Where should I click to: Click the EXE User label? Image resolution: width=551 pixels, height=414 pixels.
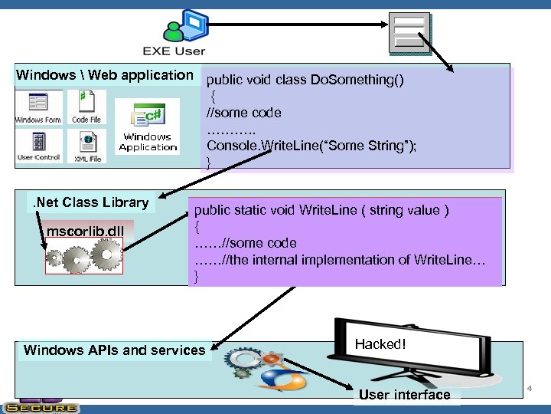coord(174,51)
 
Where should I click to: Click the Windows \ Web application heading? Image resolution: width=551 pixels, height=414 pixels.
coord(105,75)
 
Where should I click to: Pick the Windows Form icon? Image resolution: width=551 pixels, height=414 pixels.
coord(37,107)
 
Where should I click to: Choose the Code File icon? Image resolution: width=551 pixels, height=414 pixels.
coord(86,107)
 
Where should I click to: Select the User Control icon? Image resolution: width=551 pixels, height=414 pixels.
coord(37,146)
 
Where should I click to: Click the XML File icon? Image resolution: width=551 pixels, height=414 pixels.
coord(88,146)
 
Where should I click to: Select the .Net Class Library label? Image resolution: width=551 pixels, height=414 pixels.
coord(90,202)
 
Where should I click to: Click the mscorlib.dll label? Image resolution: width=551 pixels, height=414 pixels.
coord(85,232)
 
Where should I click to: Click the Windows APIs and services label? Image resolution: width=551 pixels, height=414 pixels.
coord(115,350)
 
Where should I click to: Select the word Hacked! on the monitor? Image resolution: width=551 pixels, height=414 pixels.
coord(380,344)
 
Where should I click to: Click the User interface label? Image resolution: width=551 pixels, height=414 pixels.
coord(404,395)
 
